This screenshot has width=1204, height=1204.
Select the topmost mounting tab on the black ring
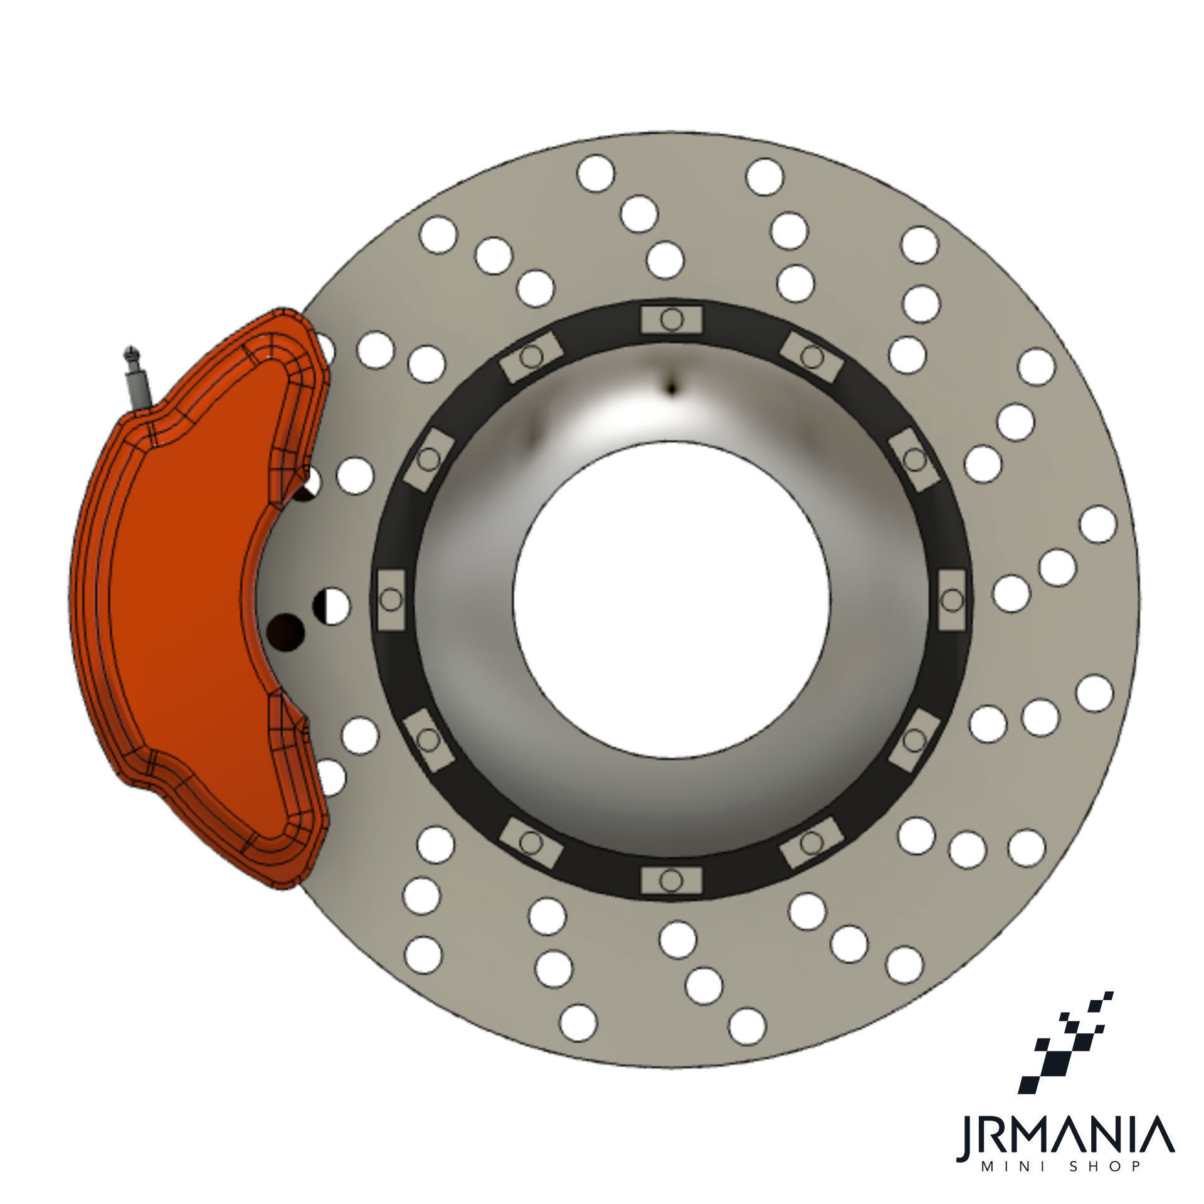coord(672,320)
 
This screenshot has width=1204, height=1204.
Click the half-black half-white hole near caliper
coord(331,606)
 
